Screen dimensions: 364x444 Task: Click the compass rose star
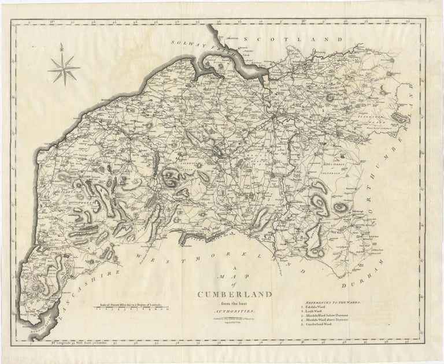65,68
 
